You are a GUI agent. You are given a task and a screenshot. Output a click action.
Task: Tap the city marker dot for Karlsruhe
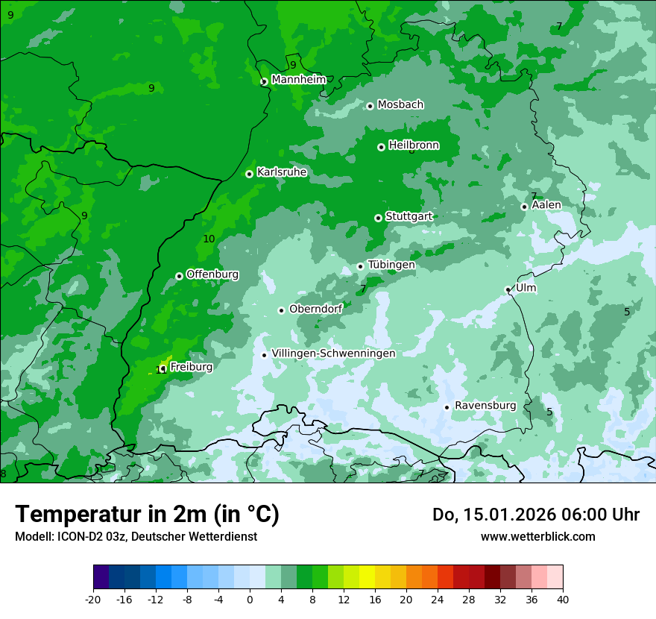(x=249, y=174)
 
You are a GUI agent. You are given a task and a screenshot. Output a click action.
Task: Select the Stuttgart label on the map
(x=409, y=216)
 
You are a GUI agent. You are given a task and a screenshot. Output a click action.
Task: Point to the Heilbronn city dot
(x=381, y=147)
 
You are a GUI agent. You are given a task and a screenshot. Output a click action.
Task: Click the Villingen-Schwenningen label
(x=333, y=354)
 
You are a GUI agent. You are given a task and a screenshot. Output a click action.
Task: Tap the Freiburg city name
(x=191, y=367)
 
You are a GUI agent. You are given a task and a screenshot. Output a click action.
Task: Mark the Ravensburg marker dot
(x=447, y=407)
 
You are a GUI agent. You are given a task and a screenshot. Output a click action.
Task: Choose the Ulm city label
(x=526, y=288)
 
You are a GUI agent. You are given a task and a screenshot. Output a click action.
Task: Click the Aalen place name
(x=546, y=205)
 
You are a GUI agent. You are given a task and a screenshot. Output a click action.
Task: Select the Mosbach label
(x=400, y=105)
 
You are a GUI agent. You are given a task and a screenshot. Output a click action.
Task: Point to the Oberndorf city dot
(x=281, y=310)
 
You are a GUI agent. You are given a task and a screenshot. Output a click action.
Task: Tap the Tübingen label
(x=391, y=265)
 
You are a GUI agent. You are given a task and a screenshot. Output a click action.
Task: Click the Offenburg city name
(x=212, y=274)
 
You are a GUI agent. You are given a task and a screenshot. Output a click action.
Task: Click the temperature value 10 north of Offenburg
(x=209, y=239)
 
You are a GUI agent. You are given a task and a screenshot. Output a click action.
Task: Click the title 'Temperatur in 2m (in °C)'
(x=148, y=515)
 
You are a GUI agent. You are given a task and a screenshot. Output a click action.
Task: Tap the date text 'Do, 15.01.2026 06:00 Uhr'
(x=535, y=515)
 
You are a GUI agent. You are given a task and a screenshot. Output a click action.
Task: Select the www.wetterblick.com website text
(x=537, y=537)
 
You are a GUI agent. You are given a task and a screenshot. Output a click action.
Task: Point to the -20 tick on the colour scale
(x=93, y=599)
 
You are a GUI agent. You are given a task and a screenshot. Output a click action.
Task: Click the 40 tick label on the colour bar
(x=563, y=599)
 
